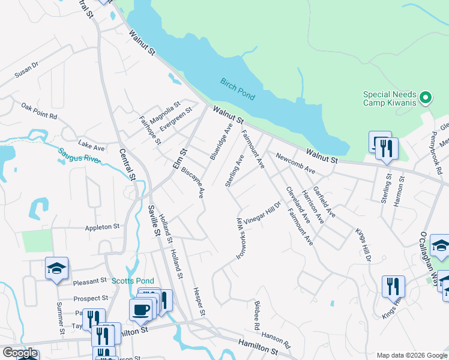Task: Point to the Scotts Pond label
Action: [133, 281]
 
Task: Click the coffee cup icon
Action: [140, 310]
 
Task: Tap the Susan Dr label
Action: [26, 70]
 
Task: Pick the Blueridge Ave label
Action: [221, 142]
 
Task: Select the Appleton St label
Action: [103, 227]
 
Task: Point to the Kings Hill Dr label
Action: [363, 243]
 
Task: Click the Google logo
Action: [19, 353]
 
